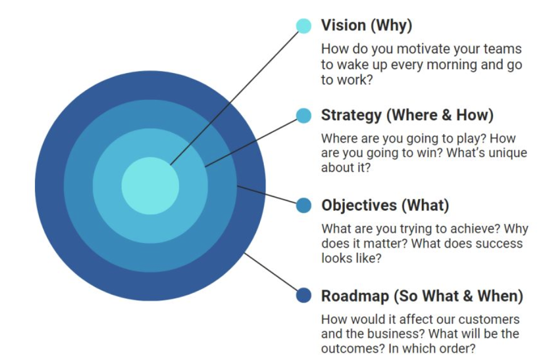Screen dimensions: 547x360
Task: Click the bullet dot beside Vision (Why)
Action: (x=304, y=26)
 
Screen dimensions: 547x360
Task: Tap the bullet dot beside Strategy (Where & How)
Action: (x=304, y=115)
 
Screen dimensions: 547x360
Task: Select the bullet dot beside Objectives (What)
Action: (x=304, y=205)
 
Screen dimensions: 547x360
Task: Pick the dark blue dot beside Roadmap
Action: (x=304, y=296)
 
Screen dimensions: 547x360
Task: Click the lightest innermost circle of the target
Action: (x=150, y=186)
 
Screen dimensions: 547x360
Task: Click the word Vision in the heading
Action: (x=343, y=25)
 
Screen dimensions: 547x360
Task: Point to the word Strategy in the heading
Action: (x=351, y=116)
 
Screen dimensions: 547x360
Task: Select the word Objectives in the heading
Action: (x=359, y=205)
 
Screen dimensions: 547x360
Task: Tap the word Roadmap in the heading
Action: (x=355, y=296)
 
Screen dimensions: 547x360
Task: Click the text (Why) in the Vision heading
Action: (x=391, y=25)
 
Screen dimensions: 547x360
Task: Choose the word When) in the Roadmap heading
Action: (x=500, y=296)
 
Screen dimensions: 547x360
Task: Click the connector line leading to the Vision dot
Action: (x=234, y=98)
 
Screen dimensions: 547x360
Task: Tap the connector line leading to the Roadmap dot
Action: (x=271, y=272)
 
